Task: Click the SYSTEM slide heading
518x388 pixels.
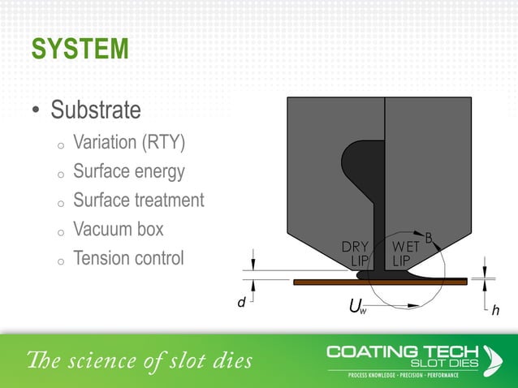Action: pyautogui.click(x=80, y=49)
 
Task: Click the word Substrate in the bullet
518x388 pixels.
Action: pyautogui.click(x=96, y=109)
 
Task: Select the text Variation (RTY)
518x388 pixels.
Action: pyautogui.click(x=129, y=143)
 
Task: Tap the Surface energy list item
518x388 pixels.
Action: pyautogui.click(x=129, y=172)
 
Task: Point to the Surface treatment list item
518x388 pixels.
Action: pyautogui.click(x=138, y=200)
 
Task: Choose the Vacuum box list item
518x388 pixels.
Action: pyautogui.click(x=118, y=230)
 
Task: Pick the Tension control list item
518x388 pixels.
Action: pyautogui.click(x=128, y=259)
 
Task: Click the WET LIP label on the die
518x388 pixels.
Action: pyautogui.click(x=405, y=253)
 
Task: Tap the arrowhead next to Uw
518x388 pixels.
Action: pyautogui.click(x=415, y=306)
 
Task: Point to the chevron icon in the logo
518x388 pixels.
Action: pyautogui.click(x=492, y=358)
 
